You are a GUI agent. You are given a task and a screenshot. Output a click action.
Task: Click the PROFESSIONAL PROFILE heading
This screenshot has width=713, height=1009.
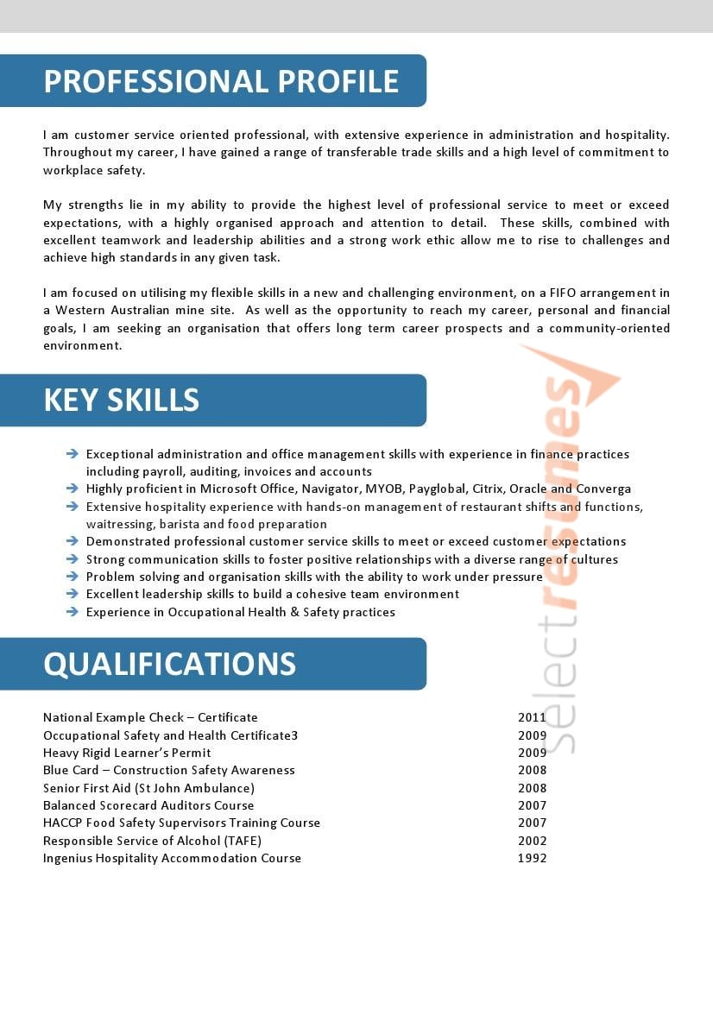221,81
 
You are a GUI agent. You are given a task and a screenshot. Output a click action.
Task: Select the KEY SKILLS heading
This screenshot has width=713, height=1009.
122,400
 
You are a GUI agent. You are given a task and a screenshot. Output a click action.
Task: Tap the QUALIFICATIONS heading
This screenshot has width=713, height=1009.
170,664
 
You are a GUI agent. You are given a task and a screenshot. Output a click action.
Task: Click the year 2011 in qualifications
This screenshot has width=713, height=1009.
532,717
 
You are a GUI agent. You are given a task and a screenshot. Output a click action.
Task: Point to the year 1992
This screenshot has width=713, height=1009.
532,858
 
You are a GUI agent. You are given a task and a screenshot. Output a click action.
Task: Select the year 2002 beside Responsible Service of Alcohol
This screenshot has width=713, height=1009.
532,841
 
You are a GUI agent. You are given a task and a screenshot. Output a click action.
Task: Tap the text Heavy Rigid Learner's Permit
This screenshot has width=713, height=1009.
127,753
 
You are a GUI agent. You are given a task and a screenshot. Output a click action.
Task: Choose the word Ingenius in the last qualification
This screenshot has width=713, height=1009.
68,858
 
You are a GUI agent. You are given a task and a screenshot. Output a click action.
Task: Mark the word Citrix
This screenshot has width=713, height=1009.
488,489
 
